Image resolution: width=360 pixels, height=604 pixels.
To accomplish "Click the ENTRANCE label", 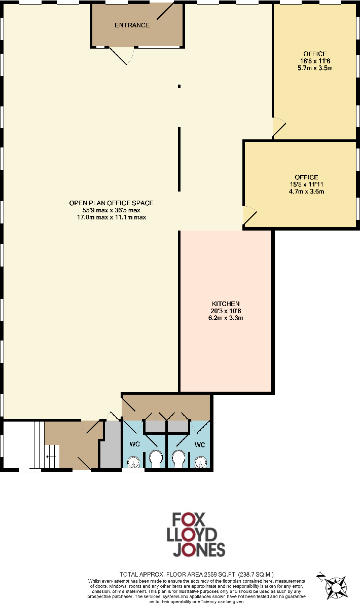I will [x=132, y=25].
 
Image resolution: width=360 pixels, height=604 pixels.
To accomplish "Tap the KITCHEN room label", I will [x=226, y=303].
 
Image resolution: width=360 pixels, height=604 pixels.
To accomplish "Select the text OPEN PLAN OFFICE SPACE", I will [x=111, y=203].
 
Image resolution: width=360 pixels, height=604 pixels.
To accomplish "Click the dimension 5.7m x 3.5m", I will [x=315, y=67].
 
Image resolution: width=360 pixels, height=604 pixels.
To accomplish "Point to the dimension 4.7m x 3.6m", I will [x=306, y=192].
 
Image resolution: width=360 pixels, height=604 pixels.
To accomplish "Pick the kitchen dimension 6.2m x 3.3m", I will [x=226, y=318].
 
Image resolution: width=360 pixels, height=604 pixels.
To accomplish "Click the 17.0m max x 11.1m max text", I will [x=111, y=217].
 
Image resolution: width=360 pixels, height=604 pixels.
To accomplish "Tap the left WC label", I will [x=135, y=444].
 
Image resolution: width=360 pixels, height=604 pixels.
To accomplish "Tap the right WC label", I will [x=200, y=444].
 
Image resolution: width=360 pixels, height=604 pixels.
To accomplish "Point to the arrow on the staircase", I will [x=49, y=457].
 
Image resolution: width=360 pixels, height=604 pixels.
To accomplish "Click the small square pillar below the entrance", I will [x=179, y=87].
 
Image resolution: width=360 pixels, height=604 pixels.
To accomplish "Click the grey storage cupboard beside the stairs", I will [x=111, y=446].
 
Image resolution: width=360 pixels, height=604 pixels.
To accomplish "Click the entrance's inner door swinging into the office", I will [x=124, y=55].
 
